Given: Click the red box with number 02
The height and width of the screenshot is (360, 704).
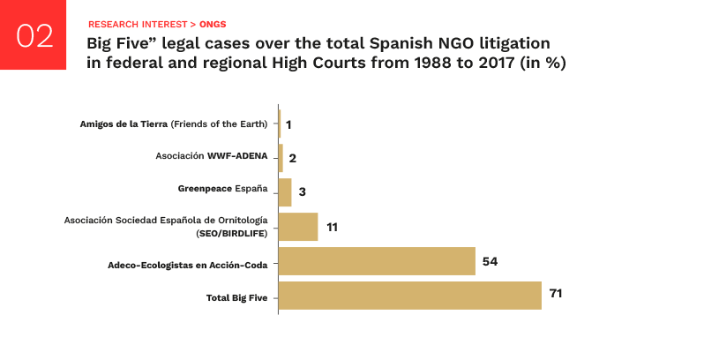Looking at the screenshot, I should [34, 35].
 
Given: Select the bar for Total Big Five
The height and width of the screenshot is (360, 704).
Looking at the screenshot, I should [409, 296].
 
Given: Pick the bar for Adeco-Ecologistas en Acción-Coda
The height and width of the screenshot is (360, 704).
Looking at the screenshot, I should [377, 261].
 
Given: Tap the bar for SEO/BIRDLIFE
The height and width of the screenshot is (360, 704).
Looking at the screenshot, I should [298, 227].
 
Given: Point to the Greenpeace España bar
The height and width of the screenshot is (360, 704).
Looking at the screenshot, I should [285, 192].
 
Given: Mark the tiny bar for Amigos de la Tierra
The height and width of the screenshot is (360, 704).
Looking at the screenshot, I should [279, 124].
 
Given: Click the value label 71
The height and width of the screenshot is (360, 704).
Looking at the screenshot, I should [556, 294].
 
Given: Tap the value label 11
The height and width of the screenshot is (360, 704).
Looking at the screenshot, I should [333, 228].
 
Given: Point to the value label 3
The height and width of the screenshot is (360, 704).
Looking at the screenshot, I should [302, 192].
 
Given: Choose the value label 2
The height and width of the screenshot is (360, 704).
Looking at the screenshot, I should [293, 159].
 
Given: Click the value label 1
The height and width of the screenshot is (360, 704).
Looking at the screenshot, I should [288, 124].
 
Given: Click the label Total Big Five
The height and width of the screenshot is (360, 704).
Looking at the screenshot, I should [236, 297].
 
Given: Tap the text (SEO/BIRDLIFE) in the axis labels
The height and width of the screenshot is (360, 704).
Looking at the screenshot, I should [231, 234].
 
